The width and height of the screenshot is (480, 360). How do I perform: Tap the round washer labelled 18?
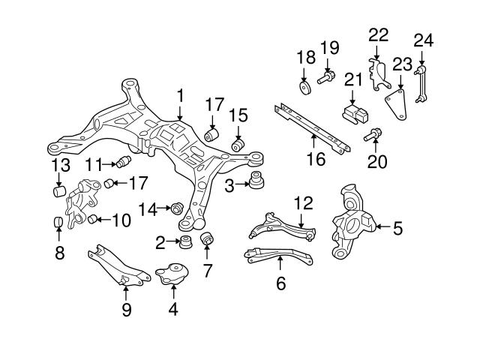304,89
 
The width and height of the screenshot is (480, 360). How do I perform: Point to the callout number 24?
424,39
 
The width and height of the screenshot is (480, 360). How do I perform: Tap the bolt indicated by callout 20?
373,136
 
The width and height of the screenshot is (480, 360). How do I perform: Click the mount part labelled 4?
172,274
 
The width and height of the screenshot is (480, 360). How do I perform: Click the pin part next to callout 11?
124,162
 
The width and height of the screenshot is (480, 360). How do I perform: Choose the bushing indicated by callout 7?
208,240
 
